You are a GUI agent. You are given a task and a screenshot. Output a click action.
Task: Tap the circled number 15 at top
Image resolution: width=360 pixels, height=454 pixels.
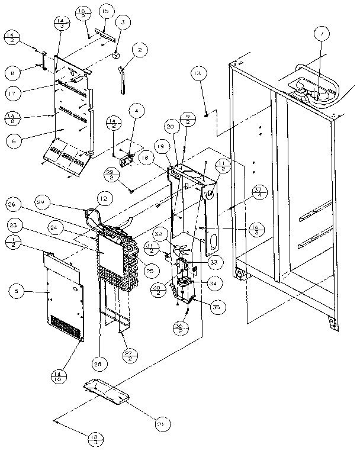(x=105, y=12)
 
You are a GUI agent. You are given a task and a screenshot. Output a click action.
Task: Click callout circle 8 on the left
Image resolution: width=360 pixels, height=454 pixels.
(x=12, y=73)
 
